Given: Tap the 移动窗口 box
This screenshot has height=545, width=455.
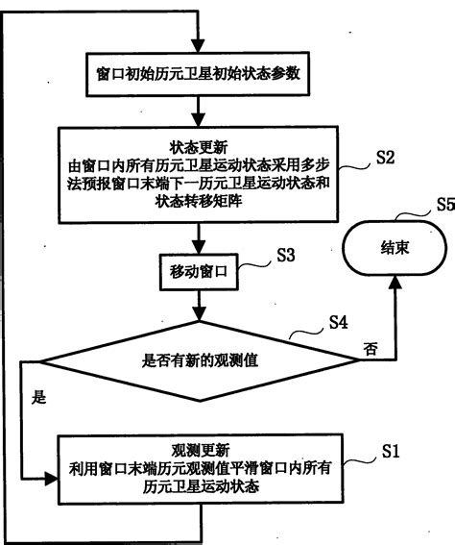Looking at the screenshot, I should click(x=198, y=273).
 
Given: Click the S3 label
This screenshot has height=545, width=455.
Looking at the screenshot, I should click(x=287, y=256).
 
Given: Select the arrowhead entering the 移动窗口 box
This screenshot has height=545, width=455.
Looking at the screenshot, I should click(x=198, y=249).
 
